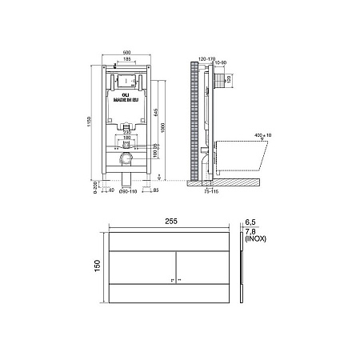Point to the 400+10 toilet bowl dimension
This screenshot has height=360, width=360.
tap(262, 134)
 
